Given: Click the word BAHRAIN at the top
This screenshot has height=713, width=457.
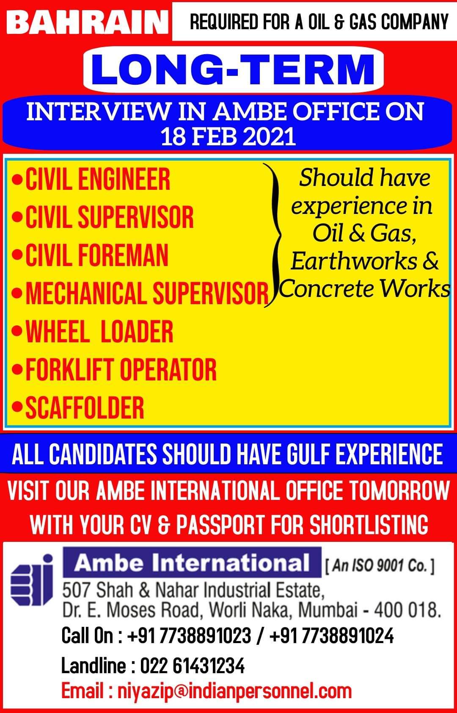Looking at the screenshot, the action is (87, 22).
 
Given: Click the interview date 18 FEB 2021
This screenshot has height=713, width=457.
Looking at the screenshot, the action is (228, 137).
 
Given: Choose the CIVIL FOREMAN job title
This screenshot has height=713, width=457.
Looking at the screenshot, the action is (96, 255).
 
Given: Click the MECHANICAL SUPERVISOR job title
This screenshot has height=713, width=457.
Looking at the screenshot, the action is (147, 293).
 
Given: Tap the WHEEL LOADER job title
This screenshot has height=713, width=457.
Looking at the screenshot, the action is (99, 331).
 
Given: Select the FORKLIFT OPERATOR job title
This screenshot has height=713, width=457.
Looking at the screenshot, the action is (121, 369).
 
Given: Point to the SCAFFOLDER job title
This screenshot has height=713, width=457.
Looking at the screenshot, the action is (85, 408).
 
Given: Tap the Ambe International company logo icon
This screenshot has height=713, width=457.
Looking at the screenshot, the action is (32, 580).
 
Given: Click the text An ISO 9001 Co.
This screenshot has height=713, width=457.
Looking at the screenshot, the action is (380, 566).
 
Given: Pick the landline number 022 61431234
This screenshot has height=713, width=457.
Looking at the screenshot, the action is (193, 665).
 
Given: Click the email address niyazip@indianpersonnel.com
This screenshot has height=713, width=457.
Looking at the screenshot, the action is (235, 691).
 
